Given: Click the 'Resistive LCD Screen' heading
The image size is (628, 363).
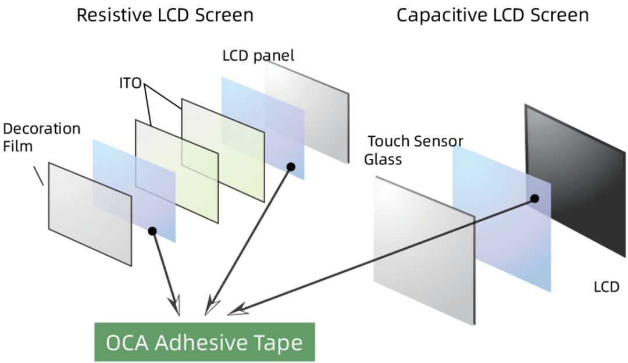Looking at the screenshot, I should point(165,15).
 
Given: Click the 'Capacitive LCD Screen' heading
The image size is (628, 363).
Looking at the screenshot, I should point(493,15).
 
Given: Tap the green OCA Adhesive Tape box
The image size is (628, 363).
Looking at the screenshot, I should point(204,342).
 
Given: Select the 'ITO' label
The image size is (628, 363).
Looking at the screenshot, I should point(130,83).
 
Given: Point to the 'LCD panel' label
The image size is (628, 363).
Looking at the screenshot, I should point(258,56).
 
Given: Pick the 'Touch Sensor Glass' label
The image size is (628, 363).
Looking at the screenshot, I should point(413,150).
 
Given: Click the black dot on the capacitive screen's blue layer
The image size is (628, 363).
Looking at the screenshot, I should point(534,199).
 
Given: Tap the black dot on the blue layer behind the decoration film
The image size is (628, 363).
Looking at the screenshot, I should point(152,231).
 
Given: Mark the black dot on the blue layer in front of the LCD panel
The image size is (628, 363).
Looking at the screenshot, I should point(291,167).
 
